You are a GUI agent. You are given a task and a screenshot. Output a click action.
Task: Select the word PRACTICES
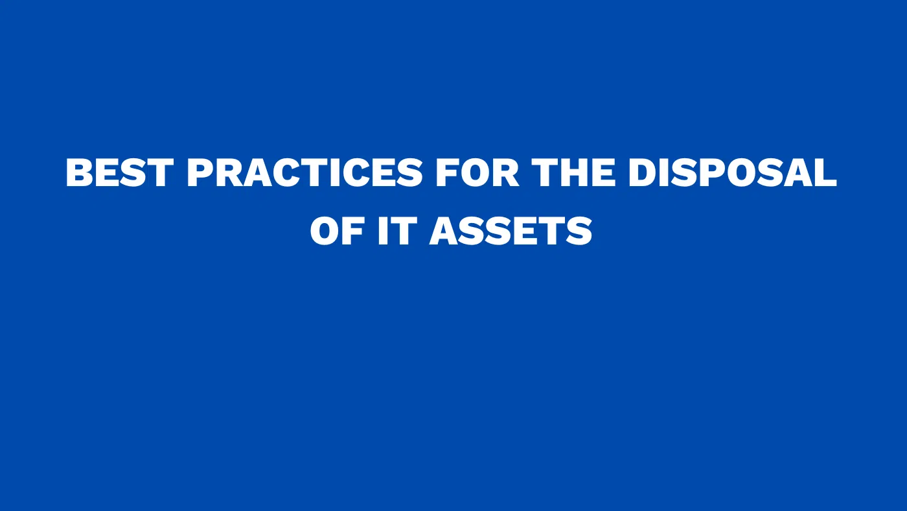tap(304, 173)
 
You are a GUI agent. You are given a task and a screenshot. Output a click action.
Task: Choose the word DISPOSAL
tap(733, 173)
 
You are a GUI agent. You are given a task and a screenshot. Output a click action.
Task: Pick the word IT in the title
tap(396, 231)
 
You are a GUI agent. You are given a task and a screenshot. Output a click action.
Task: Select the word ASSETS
tap(511, 231)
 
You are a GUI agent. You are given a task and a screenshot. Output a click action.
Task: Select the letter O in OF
tap(325, 231)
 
